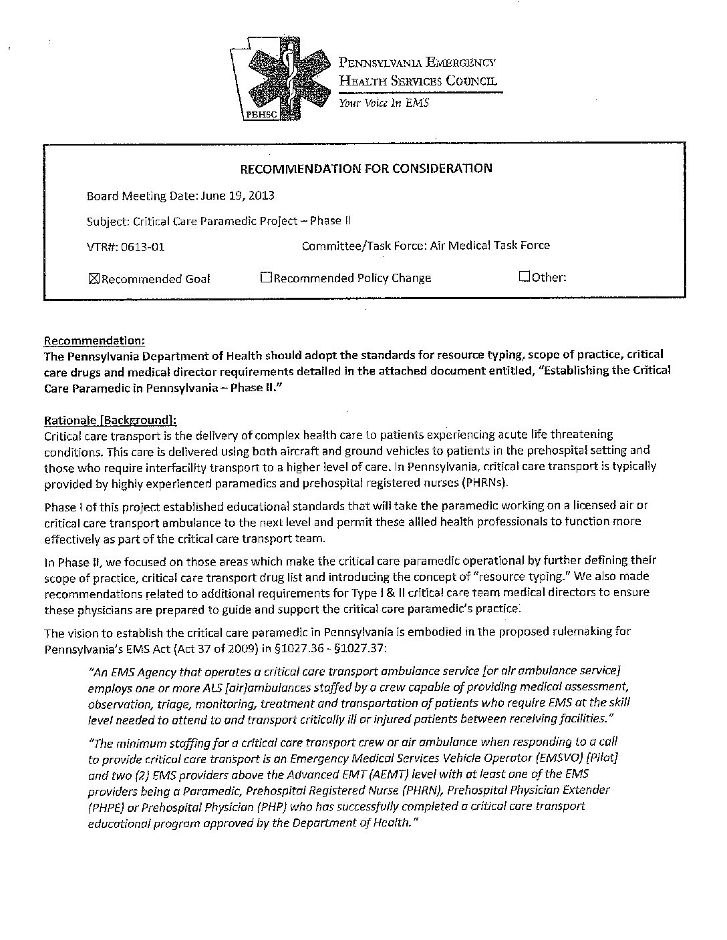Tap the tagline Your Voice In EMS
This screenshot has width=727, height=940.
[383, 103]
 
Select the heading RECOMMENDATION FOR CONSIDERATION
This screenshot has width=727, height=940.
[366, 168]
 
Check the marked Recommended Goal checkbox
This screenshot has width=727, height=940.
[94, 279]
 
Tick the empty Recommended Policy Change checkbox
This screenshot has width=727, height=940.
[266, 278]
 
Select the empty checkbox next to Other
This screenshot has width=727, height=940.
[524, 276]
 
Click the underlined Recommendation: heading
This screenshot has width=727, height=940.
[94, 340]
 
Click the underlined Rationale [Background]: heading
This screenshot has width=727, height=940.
[110, 421]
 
